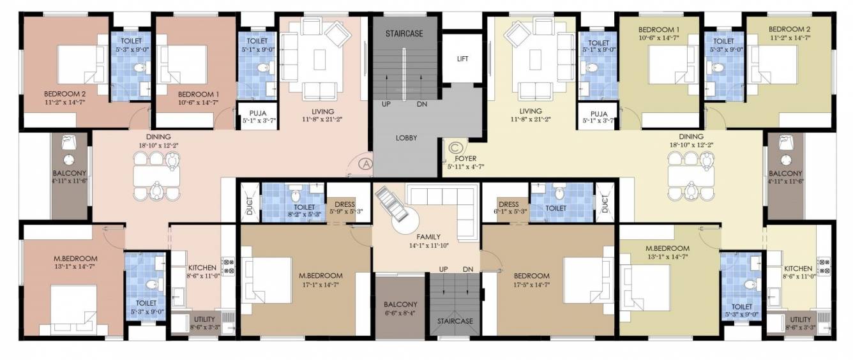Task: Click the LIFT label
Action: [x=462, y=59]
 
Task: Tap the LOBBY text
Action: [x=406, y=137]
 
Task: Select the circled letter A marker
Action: [x=366, y=163]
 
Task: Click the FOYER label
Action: [x=465, y=158]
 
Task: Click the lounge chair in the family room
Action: [x=391, y=205]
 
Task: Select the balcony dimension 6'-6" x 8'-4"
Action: [x=400, y=313]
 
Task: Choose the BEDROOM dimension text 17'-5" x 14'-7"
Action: [x=531, y=285]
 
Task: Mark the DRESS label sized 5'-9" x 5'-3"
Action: [x=345, y=205]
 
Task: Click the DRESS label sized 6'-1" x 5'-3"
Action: [x=508, y=205]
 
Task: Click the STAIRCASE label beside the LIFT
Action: [x=404, y=33]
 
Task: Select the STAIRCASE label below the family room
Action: [x=455, y=321]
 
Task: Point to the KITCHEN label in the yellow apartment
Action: [x=798, y=269]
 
